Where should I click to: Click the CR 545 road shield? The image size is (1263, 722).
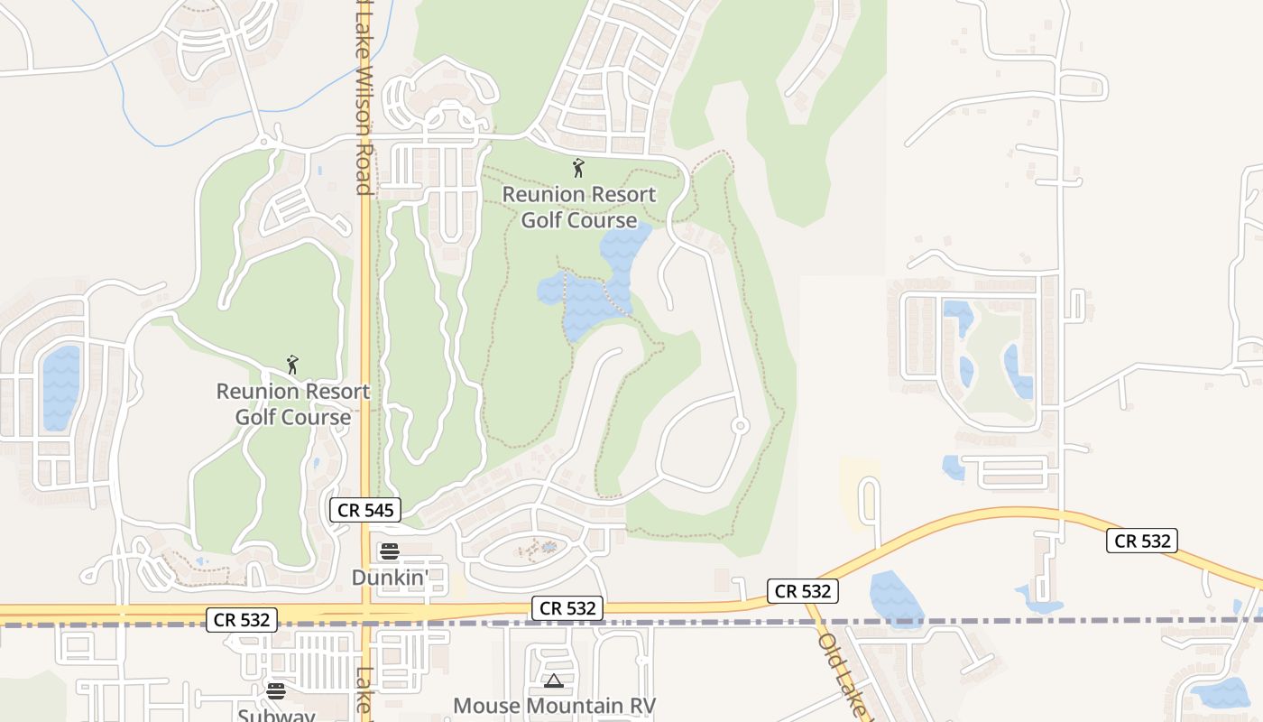(x=365, y=510)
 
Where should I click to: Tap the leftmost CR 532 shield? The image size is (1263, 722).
(x=241, y=620)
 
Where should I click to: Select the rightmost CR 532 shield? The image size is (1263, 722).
(x=1142, y=541)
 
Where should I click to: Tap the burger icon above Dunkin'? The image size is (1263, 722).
(x=390, y=551)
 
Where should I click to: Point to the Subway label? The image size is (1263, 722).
(x=276, y=716)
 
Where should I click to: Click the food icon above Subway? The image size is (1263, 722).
(x=276, y=691)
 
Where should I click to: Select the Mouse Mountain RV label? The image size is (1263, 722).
(x=554, y=705)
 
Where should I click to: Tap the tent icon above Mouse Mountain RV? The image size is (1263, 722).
(x=554, y=680)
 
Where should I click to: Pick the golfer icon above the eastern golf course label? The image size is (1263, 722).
(x=578, y=168)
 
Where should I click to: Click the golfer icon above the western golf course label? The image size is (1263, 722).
(x=292, y=365)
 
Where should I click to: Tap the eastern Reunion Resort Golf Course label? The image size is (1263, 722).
(x=579, y=208)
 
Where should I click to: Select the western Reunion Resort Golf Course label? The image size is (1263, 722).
(x=293, y=404)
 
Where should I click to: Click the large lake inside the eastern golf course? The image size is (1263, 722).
(x=591, y=289)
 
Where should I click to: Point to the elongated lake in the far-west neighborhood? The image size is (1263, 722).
(x=60, y=388)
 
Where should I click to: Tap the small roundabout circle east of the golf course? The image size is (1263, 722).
(x=740, y=425)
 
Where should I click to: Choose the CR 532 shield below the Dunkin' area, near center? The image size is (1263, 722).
(x=567, y=608)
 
